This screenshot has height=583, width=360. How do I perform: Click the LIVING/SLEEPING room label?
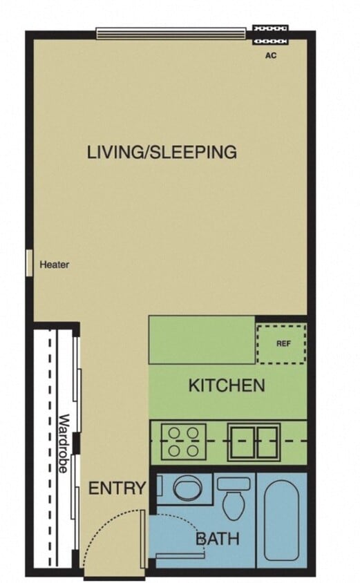click(162, 152)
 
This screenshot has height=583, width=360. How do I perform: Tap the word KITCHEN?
click(227, 385)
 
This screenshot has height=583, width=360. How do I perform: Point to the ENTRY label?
click(117, 489)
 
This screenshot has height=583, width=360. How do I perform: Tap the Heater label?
click(55, 265)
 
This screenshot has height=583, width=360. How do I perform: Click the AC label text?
click(271, 55)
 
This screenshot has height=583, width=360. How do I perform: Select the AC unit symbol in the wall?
click(272, 35)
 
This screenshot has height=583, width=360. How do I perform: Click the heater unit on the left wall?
click(29, 263)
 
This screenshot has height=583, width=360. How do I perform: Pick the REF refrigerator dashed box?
click(281, 343)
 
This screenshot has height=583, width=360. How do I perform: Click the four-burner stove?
click(184, 441)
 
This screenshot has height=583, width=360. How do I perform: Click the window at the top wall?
click(171, 33)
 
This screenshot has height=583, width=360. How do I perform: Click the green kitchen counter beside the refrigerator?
click(202, 340)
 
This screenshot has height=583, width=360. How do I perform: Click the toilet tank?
click(234, 484)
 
